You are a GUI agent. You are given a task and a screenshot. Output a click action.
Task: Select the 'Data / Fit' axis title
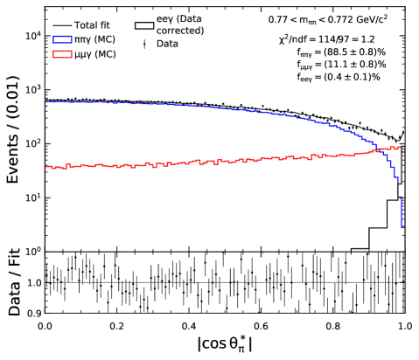click(x=12, y=283)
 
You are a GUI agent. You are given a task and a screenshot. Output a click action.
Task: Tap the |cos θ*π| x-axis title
click(x=224, y=345)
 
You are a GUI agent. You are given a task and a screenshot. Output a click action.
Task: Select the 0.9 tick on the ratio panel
click(x=31, y=313)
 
